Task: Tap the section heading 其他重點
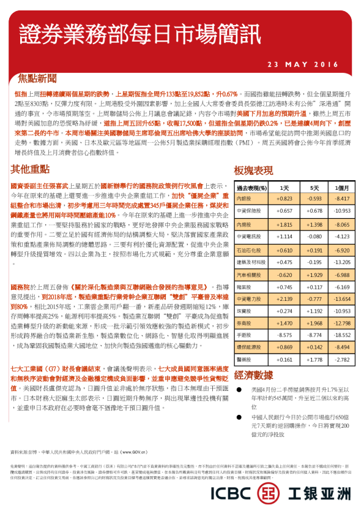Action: [x=30, y=169]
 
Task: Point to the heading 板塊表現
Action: [x=253, y=169]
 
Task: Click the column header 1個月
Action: [x=342, y=188]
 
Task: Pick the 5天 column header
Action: [x=314, y=188]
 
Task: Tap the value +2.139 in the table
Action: [x=284, y=298]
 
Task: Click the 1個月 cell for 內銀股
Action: [x=342, y=199]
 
